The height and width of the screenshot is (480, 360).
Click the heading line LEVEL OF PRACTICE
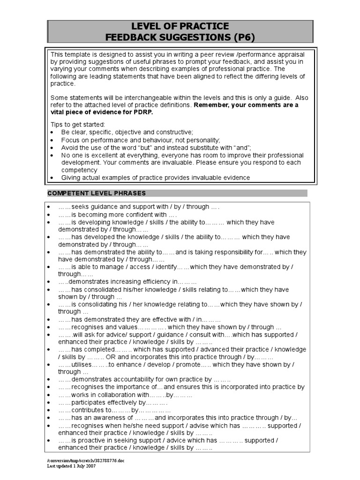click(180, 26)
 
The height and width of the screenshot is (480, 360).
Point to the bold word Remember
click(212, 105)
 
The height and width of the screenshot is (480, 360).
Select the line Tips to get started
click(78, 125)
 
